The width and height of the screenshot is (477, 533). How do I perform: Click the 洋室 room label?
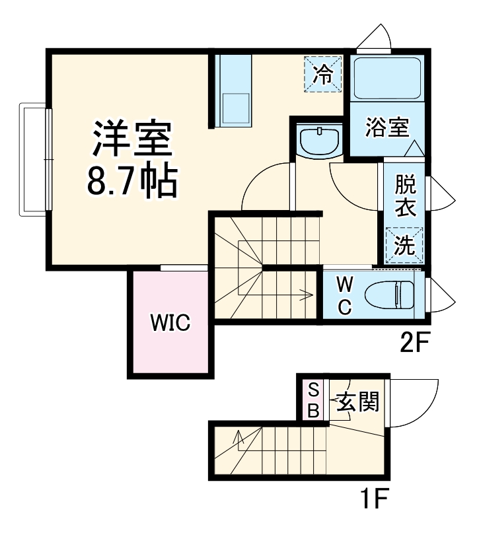132,137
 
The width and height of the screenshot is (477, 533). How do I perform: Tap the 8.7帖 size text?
132,180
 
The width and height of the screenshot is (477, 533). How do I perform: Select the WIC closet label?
170,324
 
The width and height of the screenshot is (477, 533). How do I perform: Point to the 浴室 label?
387,127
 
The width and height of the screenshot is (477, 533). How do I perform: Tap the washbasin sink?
319,141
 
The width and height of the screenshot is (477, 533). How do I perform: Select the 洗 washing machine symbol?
404,246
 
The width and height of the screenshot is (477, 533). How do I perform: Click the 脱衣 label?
404,196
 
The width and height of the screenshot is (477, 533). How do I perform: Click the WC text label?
344,295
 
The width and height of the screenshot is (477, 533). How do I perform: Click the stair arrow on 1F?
237,439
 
